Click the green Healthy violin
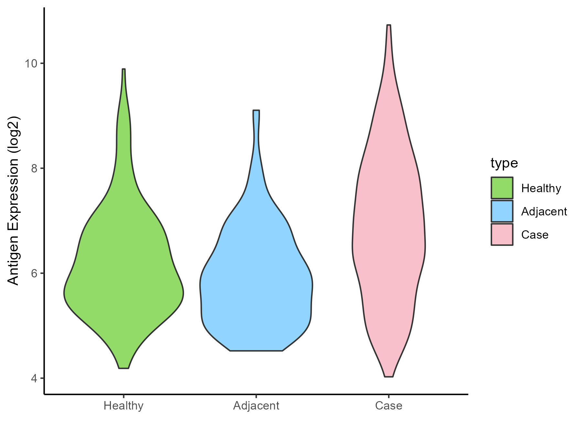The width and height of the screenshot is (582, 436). click(124, 275)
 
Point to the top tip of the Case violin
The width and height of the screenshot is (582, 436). click(389, 25)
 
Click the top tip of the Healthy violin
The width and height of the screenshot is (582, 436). click(124, 69)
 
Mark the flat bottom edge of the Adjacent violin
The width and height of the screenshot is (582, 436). click(256, 350)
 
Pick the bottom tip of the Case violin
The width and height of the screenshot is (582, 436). click(389, 376)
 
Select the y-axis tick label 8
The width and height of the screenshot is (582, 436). click(34, 168)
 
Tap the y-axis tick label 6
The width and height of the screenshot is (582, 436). click(34, 273)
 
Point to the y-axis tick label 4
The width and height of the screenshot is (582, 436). click(34, 378)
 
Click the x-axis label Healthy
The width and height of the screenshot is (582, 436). click(124, 406)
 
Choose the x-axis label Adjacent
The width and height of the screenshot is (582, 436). click(256, 406)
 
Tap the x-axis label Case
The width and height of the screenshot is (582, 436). click(389, 406)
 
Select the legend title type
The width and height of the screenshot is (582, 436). click(504, 163)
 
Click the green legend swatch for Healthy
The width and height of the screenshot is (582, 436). click(502, 188)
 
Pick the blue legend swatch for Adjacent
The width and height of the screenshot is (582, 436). click(502, 211)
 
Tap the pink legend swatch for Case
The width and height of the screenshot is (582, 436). click(502, 234)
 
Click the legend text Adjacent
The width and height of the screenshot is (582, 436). click(544, 212)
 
